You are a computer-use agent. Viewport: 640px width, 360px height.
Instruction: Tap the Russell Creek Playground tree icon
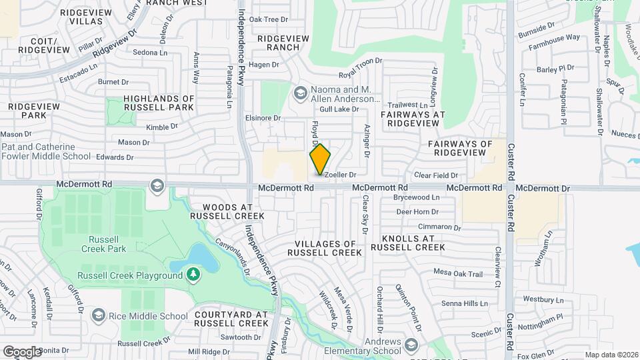[x=193, y=275]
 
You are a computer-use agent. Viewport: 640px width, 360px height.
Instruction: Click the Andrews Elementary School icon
[x=411, y=344]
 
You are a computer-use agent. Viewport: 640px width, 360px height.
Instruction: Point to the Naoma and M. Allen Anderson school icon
[x=300, y=93]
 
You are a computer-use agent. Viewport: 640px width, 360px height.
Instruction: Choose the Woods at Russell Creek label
[x=227, y=211]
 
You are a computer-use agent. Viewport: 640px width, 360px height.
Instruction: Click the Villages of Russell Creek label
[x=324, y=248]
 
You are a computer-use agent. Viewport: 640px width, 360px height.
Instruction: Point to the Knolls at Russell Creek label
[x=407, y=243]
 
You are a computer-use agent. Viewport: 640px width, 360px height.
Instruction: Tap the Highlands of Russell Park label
[x=159, y=103]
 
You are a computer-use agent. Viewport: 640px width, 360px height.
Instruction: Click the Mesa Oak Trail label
[x=457, y=273]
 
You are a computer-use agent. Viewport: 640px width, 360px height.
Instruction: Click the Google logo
[x=22, y=351]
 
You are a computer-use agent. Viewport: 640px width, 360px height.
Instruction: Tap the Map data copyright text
[x=611, y=355]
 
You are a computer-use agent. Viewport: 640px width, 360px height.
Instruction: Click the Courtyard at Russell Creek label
[x=231, y=318]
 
